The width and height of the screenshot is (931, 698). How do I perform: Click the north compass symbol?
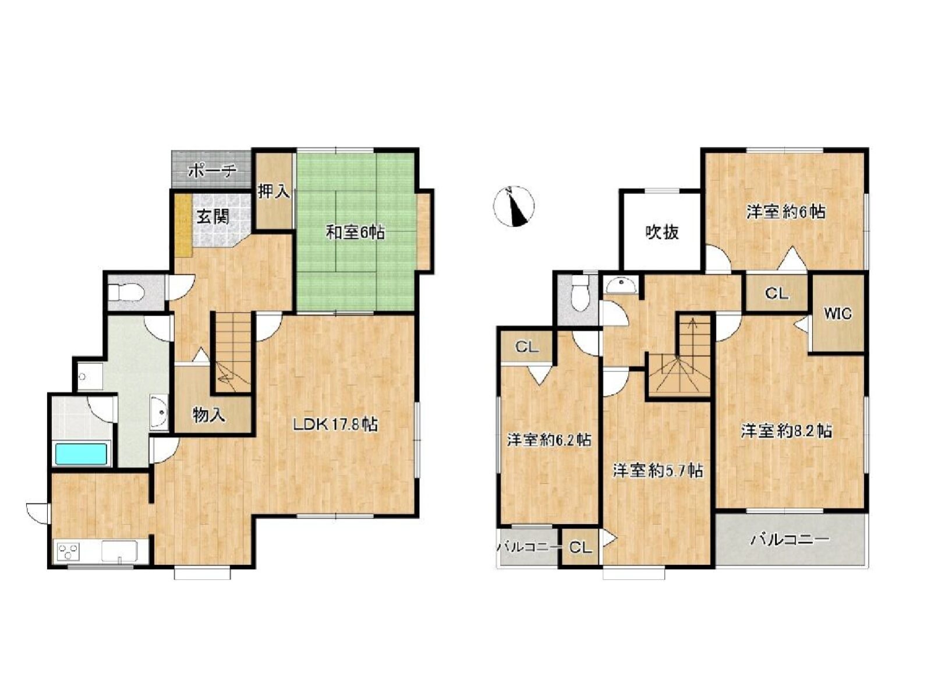(x=513, y=207)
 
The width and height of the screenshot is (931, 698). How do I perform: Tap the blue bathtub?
(x=80, y=453)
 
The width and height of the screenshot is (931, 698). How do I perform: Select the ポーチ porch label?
(x=212, y=171)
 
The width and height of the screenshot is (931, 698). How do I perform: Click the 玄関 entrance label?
(x=213, y=217)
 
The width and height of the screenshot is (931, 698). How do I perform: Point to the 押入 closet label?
(x=274, y=192)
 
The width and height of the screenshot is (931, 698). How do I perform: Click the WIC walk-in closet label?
(x=838, y=314)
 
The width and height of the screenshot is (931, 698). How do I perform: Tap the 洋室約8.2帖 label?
(x=787, y=432)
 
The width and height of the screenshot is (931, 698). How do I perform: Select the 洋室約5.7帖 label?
(x=658, y=471)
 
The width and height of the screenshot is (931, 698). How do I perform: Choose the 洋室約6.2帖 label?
(x=549, y=440)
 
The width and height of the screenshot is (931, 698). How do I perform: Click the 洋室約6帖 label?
(x=786, y=211)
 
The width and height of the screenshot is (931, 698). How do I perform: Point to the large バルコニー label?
(x=790, y=540)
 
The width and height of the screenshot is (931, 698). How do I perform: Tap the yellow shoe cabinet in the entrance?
(x=184, y=225)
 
